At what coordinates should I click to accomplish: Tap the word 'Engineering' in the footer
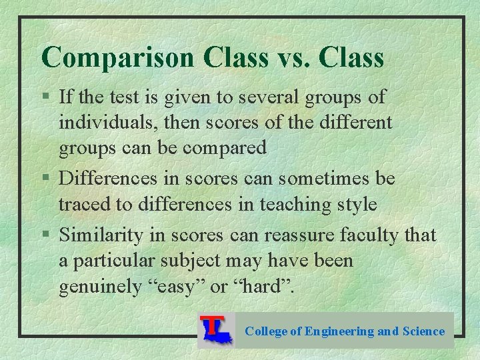339,331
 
